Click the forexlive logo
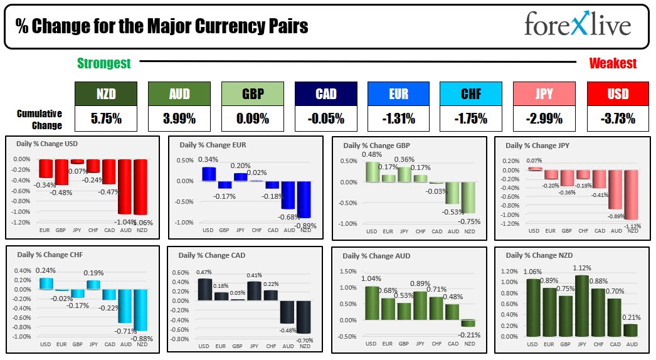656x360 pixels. [x=578, y=26]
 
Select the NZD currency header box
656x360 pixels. [x=105, y=94]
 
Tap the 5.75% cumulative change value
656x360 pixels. [x=105, y=118]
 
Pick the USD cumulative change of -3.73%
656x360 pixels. [x=618, y=118]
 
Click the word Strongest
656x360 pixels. [x=104, y=63]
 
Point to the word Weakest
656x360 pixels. [x=613, y=63]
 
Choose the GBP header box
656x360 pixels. [x=252, y=94]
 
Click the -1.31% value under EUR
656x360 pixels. [x=398, y=118]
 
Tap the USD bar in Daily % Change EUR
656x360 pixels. [x=208, y=174]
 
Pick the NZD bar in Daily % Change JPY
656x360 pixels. [x=632, y=194]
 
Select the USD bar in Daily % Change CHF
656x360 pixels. [x=46, y=283]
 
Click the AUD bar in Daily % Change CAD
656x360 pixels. [x=287, y=312]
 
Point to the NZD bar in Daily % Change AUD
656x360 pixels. [x=468, y=323]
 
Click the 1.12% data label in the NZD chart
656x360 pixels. [x=582, y=269]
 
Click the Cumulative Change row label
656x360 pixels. [x=40, y=119]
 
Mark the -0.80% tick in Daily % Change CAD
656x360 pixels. [x=180, y=339]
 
